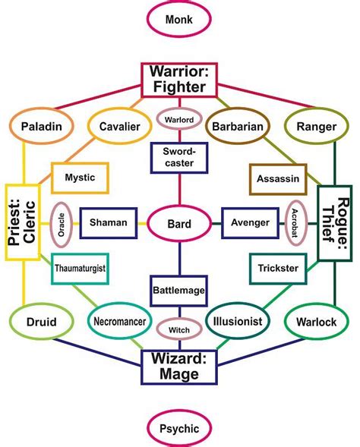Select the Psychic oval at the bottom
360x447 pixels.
[179, 429]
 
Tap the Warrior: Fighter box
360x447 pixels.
[179, 79]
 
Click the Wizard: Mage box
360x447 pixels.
[179, 366]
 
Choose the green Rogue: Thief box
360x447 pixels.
[335, 223]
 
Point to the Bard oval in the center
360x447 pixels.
[178, 224]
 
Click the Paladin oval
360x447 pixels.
[40, 126]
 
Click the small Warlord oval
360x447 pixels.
[179, 120]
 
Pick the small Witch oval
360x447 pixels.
[179, 329]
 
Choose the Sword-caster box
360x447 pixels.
[179, 157]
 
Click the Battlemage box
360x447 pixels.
[179, 289]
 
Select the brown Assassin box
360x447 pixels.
[278, 179]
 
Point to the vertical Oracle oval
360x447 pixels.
[61, 223]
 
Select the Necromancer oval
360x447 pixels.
[119, 321]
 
